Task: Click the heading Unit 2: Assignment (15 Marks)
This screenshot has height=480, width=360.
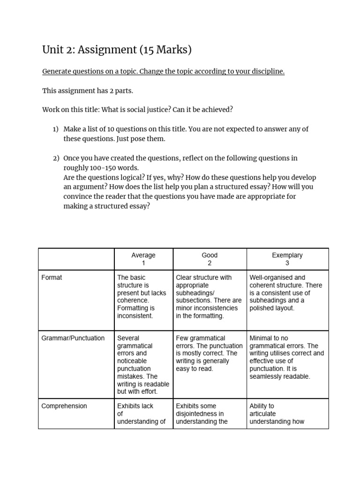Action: (x=117, y=50)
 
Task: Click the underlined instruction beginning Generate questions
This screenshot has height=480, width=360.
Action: (x=163, y=72)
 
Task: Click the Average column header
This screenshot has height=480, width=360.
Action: (x=143, y=259)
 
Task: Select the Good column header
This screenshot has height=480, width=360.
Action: (x=210, y=259)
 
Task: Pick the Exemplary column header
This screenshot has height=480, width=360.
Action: (x=287, y=259)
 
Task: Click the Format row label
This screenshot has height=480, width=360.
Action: (x=52, y=277)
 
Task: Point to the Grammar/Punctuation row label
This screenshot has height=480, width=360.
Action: (x=73, y=338)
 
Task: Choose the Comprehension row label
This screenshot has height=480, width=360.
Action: (x=64, y=406)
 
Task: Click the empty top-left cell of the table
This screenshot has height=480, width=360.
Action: (x=76, y=259)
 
